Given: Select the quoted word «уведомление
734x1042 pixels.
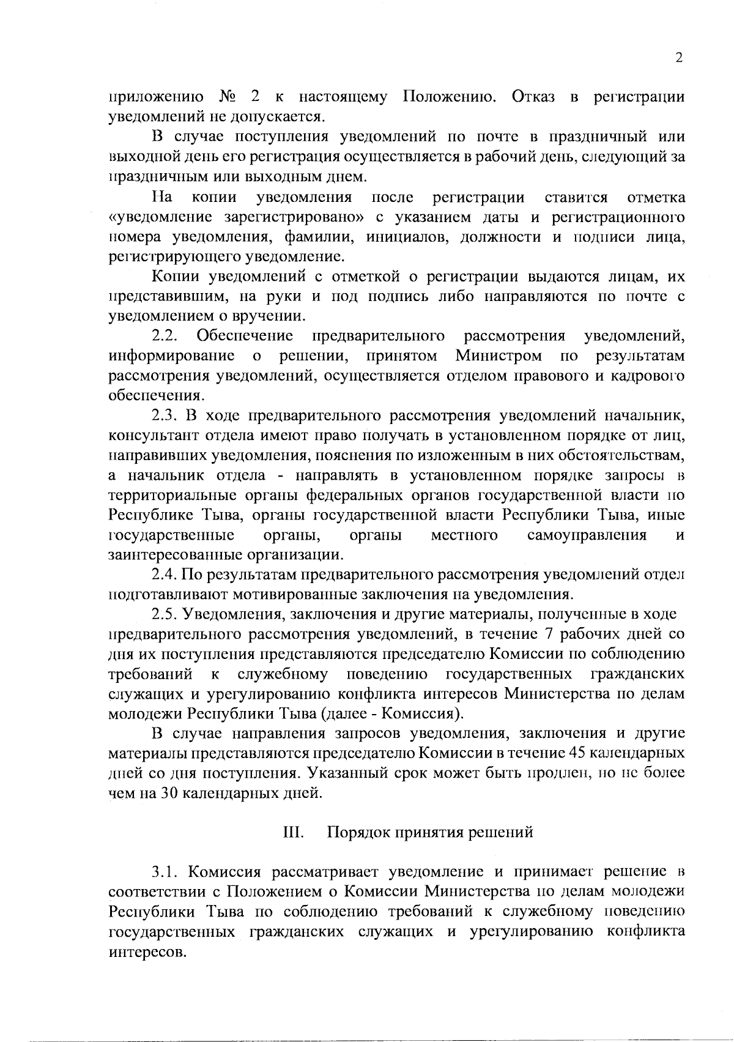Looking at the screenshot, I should tap(160, 217).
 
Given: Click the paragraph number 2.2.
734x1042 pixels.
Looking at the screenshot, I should tap(165, 336).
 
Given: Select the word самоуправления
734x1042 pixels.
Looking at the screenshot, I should tap(587, 535).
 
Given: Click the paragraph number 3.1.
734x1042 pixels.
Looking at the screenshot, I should tap(165, 871).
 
